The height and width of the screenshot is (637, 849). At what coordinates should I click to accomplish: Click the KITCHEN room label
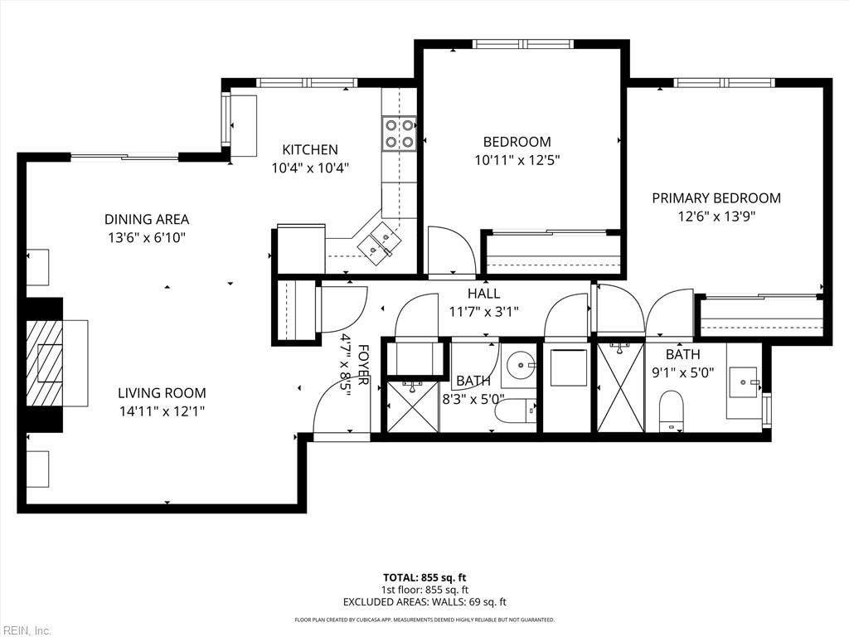click(310, 150)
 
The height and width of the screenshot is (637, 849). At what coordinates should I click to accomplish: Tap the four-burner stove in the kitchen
click(399, 133)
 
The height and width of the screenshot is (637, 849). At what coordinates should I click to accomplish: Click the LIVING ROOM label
click(161, 393)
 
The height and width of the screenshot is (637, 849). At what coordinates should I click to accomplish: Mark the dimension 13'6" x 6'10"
click(146, 237)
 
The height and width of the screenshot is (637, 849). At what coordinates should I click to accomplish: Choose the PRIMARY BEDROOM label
click(716, 198)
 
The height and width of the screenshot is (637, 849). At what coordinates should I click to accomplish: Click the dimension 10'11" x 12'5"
click(517, 160)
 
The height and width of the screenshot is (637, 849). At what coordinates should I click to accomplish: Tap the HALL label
click(483, 294)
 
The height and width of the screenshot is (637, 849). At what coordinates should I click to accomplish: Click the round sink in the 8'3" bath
click(520, 362)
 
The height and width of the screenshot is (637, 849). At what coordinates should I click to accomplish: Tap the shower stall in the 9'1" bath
click(620, 387)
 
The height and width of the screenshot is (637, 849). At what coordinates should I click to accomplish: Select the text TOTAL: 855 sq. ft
click(424, 577)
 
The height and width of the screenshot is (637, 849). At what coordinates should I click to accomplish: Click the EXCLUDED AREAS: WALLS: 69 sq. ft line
click(424, 602)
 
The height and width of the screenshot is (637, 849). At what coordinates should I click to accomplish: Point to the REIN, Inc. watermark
click(26, 630)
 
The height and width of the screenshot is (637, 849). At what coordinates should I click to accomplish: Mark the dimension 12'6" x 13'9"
click(716, 216)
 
